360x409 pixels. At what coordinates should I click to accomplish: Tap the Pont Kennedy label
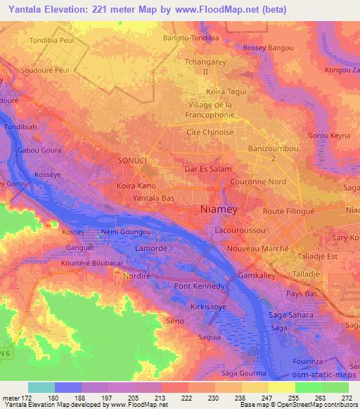(x=200, y=286)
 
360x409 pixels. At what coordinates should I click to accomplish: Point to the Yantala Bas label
(x=155, y=199)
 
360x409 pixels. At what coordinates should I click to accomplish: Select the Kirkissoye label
(x=210, y=308)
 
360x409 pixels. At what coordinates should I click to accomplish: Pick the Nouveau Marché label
(x=255, y=249)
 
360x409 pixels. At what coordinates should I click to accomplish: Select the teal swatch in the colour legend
(x=41, y=387)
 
